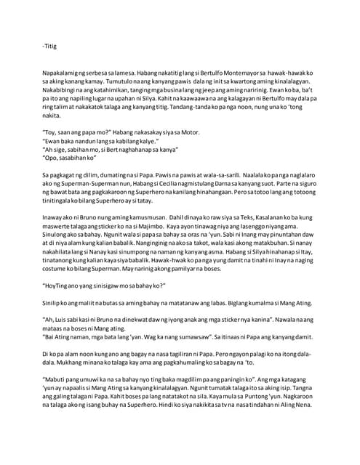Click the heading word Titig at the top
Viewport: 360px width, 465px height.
[50, 46]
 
